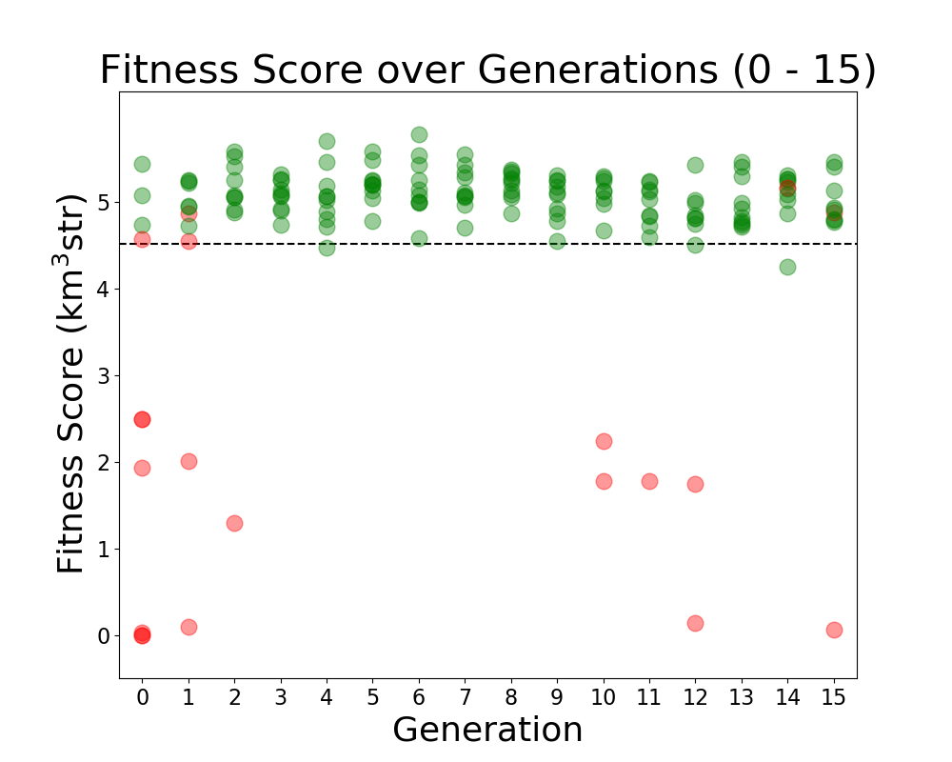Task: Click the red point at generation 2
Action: pos(234,523)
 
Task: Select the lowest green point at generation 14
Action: pos(787,267)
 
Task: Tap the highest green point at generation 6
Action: pos(419,134)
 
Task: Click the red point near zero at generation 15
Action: pos(834,630)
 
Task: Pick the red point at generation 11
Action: pos(649,481)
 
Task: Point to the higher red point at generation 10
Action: pos(604,441)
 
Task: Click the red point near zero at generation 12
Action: pos(695,623)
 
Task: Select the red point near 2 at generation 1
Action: pos(188,461)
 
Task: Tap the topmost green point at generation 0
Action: pos(142,164)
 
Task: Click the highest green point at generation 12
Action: pos(695,165)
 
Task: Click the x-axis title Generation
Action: pos(487,730)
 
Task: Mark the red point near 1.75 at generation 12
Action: pos(695,484)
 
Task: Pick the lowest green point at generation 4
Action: pos(327,248)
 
